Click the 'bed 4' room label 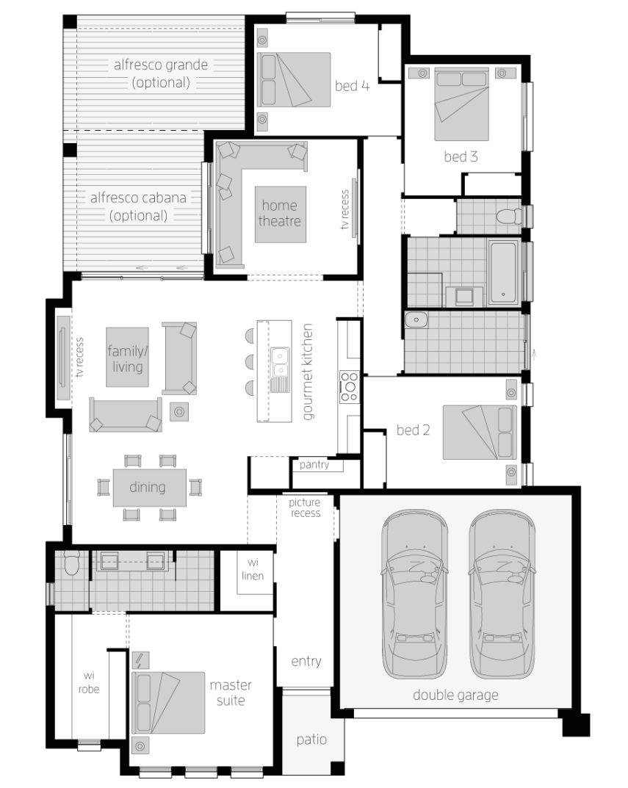point(352,86)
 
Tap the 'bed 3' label point(461,157)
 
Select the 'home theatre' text point(280,213)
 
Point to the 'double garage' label point(455,695)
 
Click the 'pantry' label point(314,464)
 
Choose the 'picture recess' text point(306,507)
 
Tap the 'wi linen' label point(253,569)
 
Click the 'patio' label point(311,740)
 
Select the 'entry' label point(306,662)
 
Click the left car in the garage point(414,594)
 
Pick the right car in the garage point(502,594)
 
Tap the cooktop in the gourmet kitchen point(350,387)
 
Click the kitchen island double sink point(279,363)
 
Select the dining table point(150,488)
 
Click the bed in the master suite point(168,703)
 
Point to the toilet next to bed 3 point(509,217)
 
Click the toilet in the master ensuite point(71,563)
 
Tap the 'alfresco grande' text point(161,65)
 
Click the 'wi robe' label point(89,682)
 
